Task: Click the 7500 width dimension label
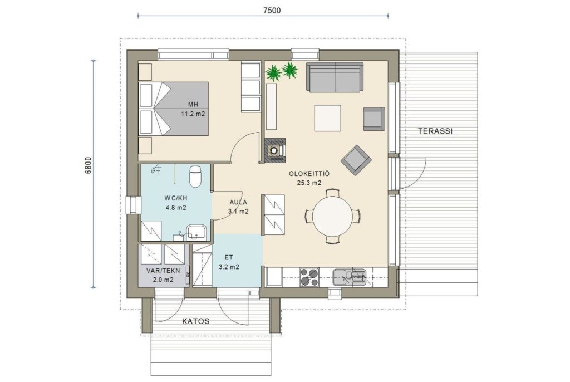272,10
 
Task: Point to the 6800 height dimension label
88,165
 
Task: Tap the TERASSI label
435,131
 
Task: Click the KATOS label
195,321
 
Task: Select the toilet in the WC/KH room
195,176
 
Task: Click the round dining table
333,216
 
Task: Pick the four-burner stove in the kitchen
309,277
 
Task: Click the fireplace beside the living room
275,150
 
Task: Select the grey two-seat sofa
335,77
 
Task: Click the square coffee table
327,118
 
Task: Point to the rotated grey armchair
356,160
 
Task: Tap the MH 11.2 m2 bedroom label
193,109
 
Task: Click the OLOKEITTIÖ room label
309,178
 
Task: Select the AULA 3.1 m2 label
238,207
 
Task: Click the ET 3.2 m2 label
229,262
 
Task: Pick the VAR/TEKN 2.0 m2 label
163,275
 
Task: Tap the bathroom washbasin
196,232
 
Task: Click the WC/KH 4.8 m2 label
175,203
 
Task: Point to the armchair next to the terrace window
374,119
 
